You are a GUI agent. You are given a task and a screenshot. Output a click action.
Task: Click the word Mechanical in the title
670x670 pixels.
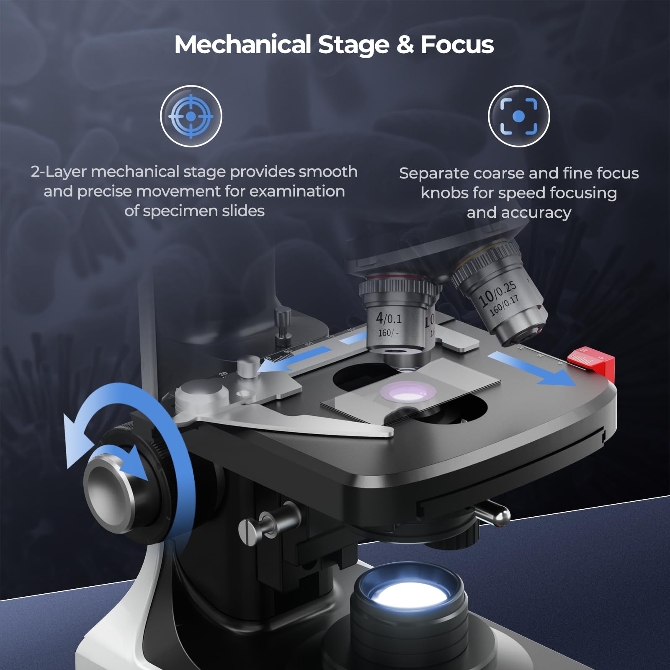click(x=242, y=44)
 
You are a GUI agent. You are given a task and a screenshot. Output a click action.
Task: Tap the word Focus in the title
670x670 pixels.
click(x=457, y=44)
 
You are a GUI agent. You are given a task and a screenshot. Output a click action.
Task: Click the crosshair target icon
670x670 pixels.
click(x=191, y=116)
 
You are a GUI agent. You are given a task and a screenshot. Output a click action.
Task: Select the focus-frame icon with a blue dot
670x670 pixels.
click(x=518, y=116)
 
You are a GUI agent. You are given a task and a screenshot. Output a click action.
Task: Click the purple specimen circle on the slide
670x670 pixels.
click(x=407, y=392)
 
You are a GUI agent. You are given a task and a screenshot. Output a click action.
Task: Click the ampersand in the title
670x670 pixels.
click(x=405, y=44)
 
